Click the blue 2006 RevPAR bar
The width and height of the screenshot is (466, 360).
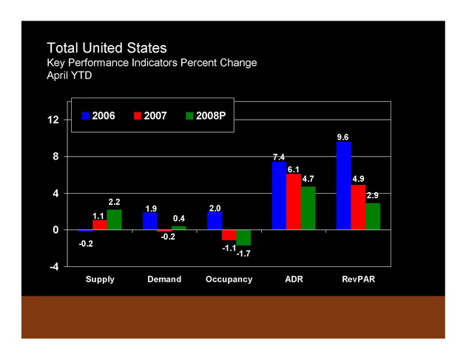(343, 186)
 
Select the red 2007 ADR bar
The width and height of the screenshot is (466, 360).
(294, 202)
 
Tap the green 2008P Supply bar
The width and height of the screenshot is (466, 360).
(114, 220)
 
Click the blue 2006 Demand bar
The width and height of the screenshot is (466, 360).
(150, 221)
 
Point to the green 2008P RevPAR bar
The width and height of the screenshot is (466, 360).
(373, 217)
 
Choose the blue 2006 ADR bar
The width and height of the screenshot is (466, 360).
(279, 196)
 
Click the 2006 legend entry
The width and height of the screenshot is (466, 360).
(98, 116)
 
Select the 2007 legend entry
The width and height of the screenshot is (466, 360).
(149, 116)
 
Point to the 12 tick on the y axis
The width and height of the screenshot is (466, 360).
(53, 120)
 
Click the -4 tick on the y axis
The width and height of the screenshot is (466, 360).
(53, 267)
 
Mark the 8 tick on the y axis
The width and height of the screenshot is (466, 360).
(55, 157)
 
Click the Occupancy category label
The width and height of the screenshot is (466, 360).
(229, 279)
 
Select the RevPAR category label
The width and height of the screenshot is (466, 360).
(358, 279)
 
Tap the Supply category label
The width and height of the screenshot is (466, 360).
(100, 279)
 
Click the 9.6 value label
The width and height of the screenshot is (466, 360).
(342, 137)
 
